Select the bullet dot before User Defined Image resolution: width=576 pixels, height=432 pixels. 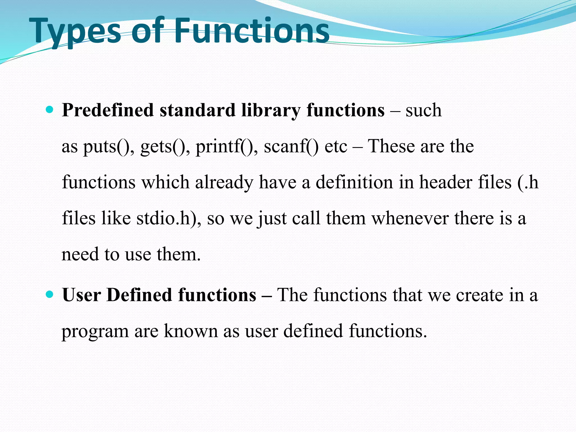49,294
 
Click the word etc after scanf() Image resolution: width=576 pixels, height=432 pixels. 336,147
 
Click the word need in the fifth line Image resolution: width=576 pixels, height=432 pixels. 80,254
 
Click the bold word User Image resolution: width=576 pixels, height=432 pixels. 82,295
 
